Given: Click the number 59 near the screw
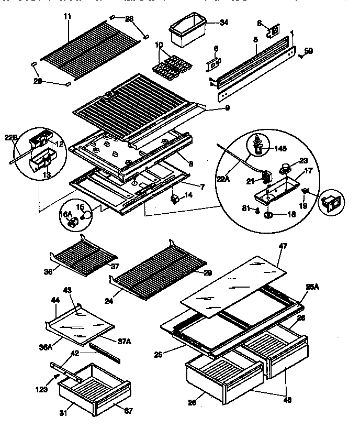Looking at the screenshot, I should (x=309, y=51).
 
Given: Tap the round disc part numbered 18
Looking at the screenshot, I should (x=268, y=215).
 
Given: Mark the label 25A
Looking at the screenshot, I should (x=312, y=287).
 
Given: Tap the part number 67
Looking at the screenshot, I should (x=128, y=411).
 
